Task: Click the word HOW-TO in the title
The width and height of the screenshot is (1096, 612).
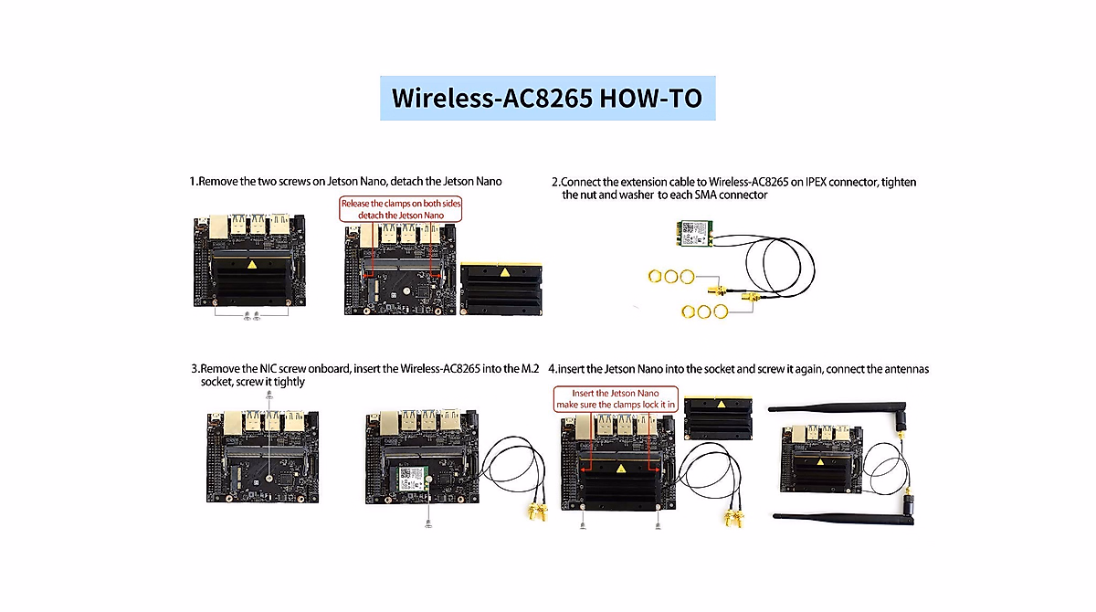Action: [651, 98]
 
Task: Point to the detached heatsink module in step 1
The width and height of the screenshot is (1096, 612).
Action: [501, 288]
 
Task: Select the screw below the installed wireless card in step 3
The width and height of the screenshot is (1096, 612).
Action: [428, 523]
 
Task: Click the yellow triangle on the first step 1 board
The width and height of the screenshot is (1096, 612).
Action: [251, 265]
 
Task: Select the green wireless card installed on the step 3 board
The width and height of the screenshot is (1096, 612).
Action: [413, 478]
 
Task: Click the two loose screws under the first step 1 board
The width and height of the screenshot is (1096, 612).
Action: [251, 316]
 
